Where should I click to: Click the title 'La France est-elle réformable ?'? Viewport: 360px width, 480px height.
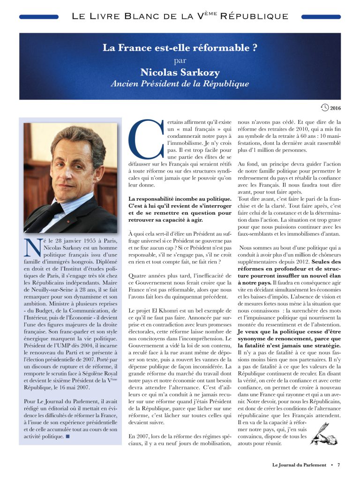(180, 48)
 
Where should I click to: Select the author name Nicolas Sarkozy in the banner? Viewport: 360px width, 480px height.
(180, 72)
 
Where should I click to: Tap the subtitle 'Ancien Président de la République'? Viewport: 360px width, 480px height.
(180, 84)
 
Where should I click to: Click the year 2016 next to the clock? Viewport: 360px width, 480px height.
(335, 109)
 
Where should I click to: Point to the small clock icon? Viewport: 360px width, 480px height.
(325, 108)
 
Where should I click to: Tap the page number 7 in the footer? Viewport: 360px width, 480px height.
(338, 465)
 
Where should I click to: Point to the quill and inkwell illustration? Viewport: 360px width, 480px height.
(321, 434)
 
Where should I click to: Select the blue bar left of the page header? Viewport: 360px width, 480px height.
(39, 17)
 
